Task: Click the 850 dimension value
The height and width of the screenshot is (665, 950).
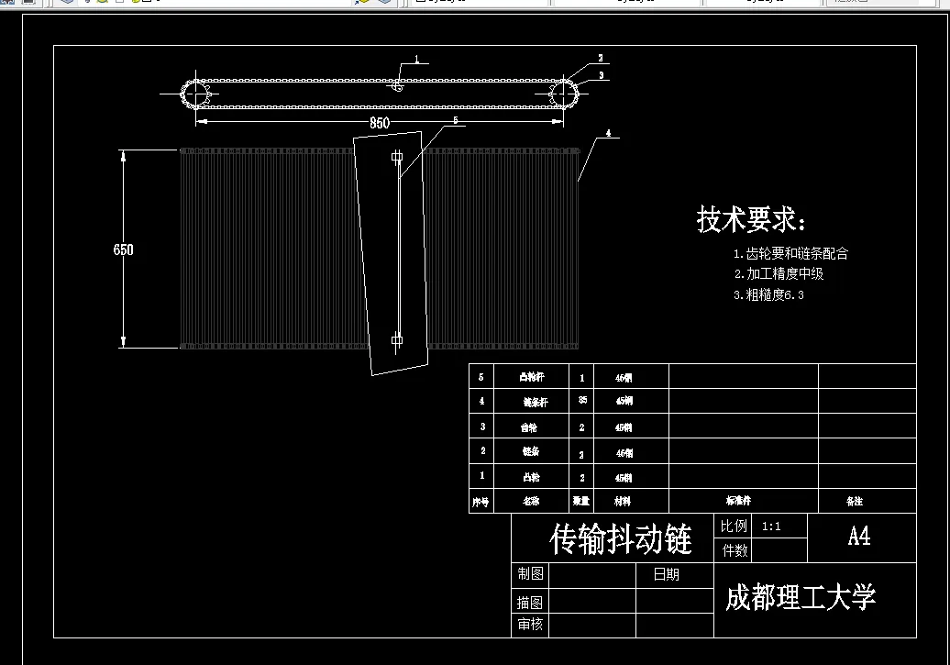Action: point(379,123)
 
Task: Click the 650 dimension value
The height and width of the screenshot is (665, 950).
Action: point(123,249)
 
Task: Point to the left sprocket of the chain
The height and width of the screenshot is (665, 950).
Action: point(196,93)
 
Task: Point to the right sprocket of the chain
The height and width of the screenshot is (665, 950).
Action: point(565,93)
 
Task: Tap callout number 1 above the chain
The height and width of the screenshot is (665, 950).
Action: point(415,60)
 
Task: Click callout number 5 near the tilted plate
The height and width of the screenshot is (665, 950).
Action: point(455,120)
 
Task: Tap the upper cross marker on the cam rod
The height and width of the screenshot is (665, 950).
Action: point(397,158)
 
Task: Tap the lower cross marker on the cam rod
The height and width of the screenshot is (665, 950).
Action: point(397,340)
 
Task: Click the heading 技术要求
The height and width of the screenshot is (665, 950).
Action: point(751,220)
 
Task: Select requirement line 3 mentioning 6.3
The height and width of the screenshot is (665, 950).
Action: point(768,295)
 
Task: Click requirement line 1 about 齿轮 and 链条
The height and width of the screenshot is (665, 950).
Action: point(790,254)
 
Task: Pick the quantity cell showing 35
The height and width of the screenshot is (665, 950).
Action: point(582,401)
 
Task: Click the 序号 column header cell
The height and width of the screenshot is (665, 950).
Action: point(481,502)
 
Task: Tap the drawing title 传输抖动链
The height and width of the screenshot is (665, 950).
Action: point(620,539)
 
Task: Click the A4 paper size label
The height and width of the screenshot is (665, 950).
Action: point(859,537)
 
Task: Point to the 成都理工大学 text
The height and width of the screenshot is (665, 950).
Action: point(801,598)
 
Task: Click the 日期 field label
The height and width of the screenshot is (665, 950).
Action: point(666,575)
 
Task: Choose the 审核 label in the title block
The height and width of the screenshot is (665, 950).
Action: point(530,625)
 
